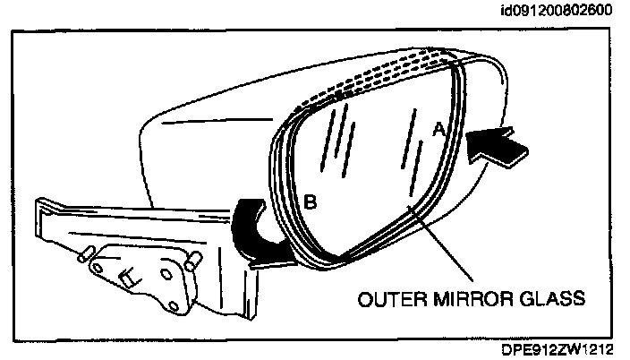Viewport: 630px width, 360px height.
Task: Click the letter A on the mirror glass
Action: (x=438, y=130)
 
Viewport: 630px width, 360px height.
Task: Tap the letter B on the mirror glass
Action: (x=310, y=202)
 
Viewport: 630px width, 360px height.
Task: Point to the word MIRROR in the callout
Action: (x=472, y=299)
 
